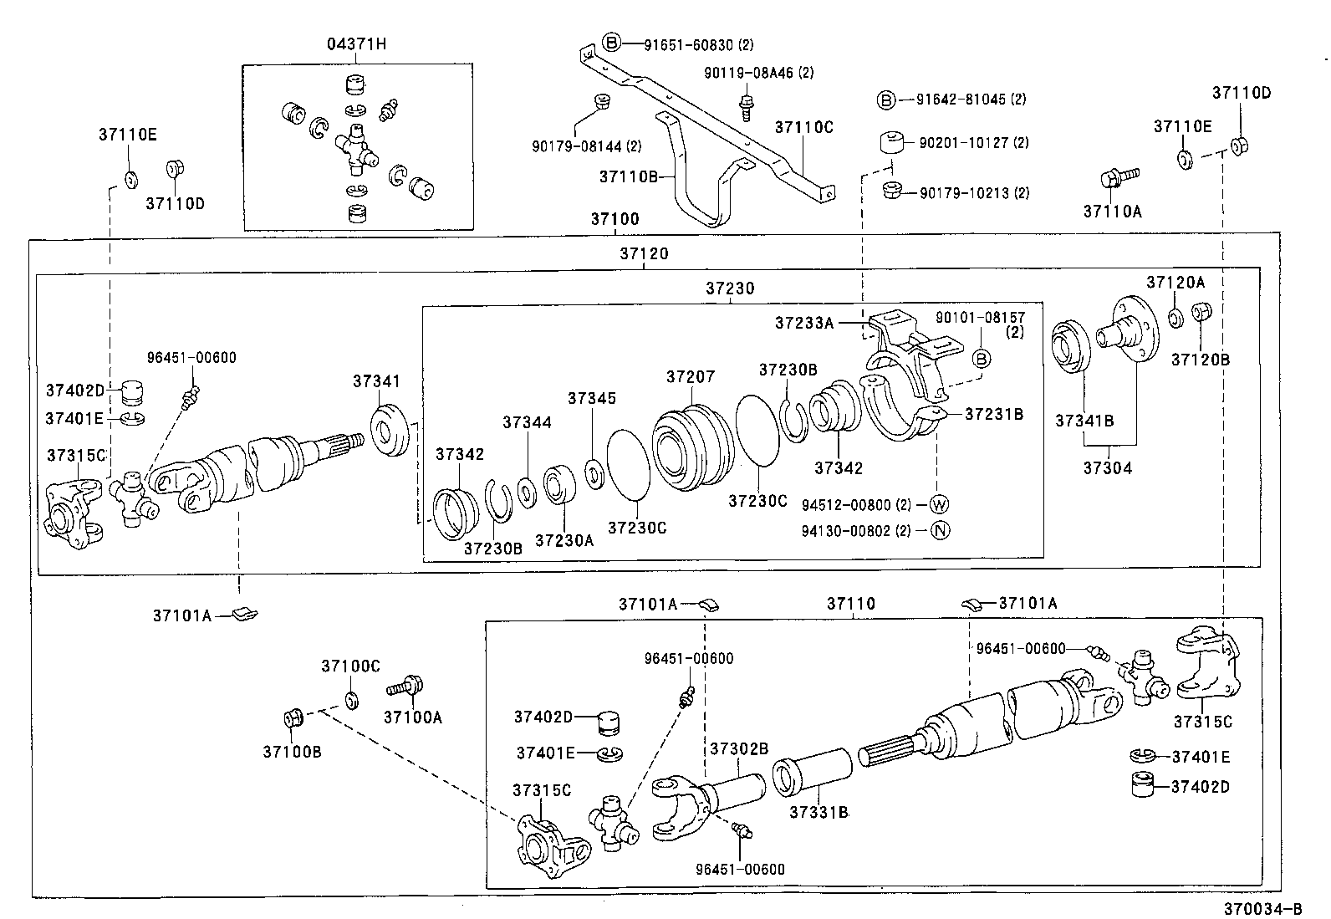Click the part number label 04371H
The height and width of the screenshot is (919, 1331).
click(356, 44)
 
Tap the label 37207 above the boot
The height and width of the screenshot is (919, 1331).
click(691, 376)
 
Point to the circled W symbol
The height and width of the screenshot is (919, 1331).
click(939, 504)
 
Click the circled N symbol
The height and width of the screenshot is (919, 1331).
click(939, 530)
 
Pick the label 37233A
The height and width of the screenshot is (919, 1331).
click(803, 322)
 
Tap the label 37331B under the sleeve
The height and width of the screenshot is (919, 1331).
click(818, 811)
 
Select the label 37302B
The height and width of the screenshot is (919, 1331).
click(738, 748)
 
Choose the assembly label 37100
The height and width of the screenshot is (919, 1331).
click(615, 219)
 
